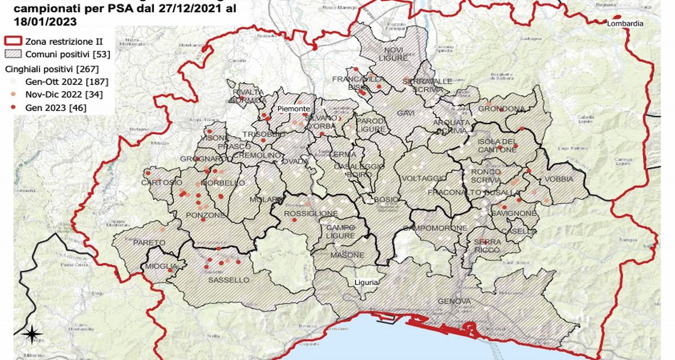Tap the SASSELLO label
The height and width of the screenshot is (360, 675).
228,280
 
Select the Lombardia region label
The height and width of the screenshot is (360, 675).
624,24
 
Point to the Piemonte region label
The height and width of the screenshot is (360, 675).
294,109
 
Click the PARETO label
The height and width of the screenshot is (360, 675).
149,242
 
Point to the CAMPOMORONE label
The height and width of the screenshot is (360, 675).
435,228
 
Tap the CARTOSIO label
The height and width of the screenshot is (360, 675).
161,183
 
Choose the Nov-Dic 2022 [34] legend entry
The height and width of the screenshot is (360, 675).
56,94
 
